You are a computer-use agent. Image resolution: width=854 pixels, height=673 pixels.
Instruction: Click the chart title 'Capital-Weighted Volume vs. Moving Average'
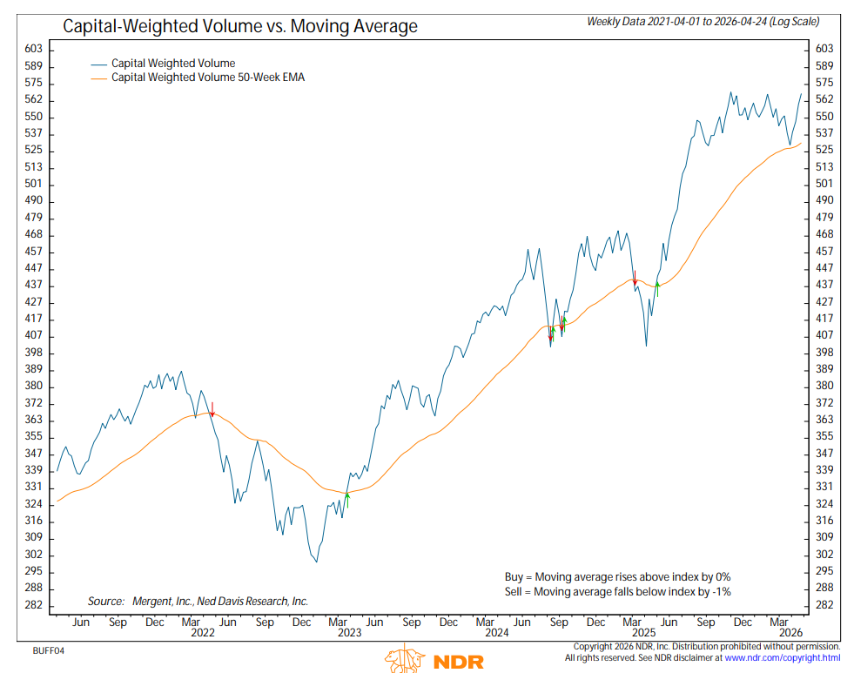(x=239, y=27)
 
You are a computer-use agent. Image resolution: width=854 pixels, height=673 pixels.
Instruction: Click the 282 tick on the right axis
(x=823, y=605)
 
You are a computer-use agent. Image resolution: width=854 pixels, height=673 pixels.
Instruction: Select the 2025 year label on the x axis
(x=643, y=634)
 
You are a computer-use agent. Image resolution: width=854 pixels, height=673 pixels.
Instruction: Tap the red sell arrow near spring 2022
(x=212, y=410)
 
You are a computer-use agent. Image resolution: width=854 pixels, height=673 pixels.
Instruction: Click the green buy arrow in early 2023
(x=346, y=496)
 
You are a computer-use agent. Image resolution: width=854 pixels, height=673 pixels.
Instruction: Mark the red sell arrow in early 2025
(x=635, y=279)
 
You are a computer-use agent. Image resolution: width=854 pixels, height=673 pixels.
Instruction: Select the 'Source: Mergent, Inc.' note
(x=198, y=602)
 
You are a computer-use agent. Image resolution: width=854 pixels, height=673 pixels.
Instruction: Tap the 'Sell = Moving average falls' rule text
(x=618, y=592)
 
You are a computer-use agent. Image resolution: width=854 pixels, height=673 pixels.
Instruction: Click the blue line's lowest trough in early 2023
(x=316, y=562)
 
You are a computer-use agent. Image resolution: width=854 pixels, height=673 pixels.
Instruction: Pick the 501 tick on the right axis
(x=823, y=185)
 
